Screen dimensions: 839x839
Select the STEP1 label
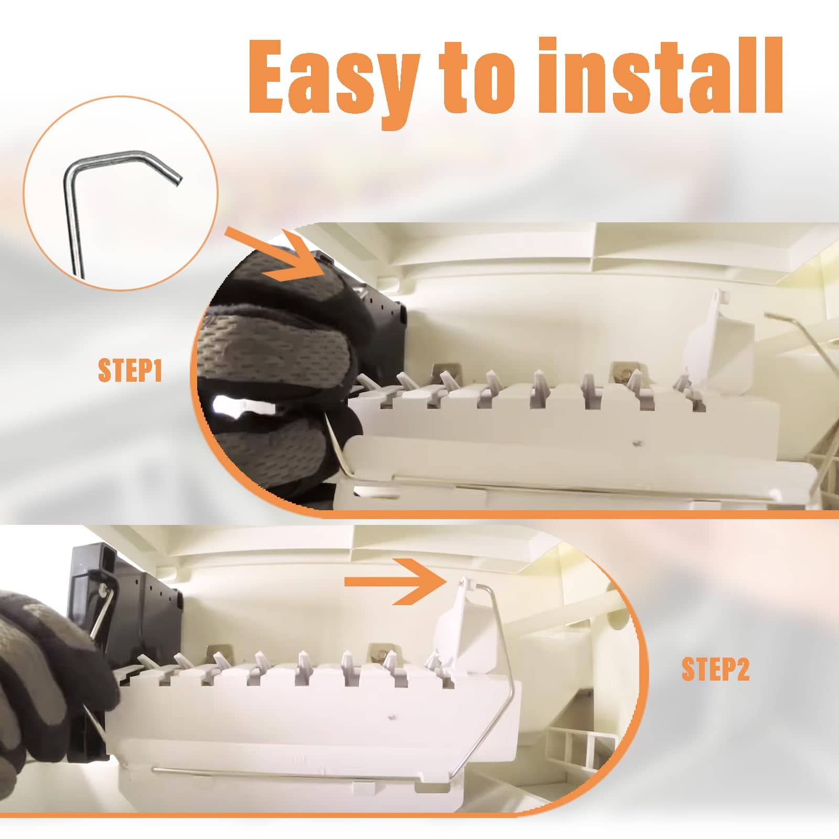[x=130, y=370]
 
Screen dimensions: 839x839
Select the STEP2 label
[x=715, y=669]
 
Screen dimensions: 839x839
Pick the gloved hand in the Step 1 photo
[x=278, y=378]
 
